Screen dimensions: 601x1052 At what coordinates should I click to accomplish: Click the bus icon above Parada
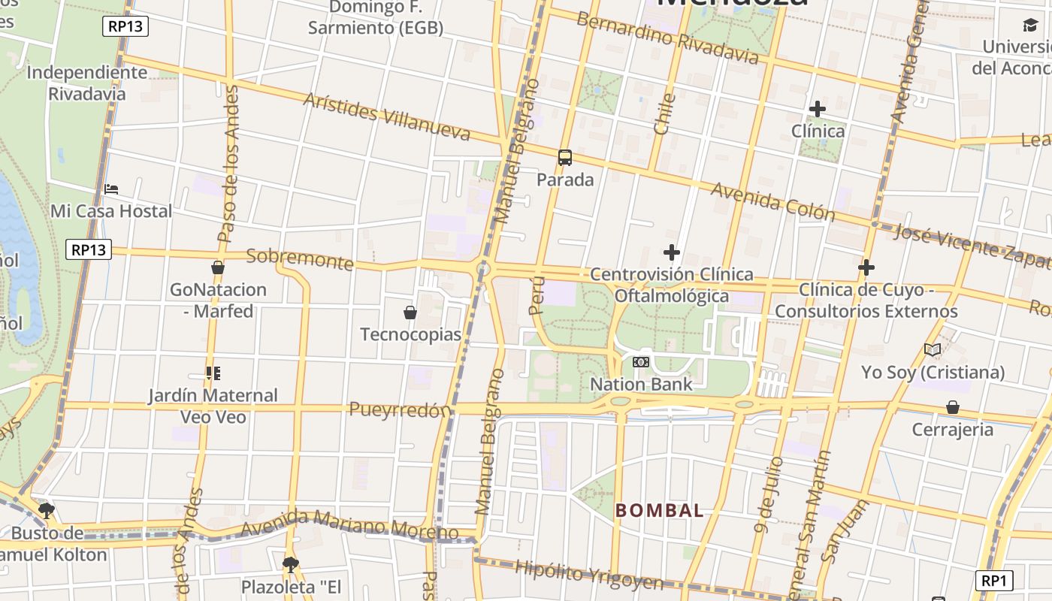point(565,158)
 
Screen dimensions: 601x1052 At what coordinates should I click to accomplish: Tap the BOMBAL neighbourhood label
point(659,511)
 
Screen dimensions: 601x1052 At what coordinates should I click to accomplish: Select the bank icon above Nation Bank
point(640,362)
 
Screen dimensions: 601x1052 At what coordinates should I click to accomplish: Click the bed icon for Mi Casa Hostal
point(111,189)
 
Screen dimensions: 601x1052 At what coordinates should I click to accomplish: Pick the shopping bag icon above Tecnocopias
point(410,312)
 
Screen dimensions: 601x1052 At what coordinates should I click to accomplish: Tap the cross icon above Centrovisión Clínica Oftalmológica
point(671,252)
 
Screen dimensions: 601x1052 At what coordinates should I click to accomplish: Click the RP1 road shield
point(993,580)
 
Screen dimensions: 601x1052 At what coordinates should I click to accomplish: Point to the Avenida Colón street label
point(772,201)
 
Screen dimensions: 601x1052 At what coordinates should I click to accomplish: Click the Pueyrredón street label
point(400,410)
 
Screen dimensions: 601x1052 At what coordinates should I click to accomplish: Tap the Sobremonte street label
point(300,258)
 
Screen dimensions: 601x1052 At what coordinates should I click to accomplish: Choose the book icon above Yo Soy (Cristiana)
point(933,350)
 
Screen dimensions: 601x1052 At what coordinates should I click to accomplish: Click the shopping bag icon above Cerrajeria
point(952,407)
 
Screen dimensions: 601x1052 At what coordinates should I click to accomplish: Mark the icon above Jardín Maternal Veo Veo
point(213,373)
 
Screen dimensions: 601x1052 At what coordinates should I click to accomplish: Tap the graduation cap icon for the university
point(1030,26)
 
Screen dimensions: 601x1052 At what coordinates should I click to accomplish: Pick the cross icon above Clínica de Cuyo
point(866,267)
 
